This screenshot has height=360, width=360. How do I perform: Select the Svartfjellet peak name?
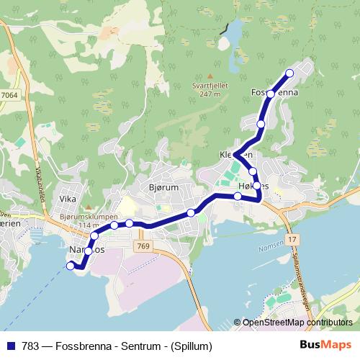210,84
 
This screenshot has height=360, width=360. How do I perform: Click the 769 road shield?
143,246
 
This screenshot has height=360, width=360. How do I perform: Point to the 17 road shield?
291,238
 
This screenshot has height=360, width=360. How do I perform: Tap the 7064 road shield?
10,94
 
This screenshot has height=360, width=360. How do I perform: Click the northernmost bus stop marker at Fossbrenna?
290,73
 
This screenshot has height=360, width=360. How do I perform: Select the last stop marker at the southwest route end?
71,266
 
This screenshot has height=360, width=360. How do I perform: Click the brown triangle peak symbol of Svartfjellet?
210,75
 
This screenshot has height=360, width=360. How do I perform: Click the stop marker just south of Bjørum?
191,212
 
